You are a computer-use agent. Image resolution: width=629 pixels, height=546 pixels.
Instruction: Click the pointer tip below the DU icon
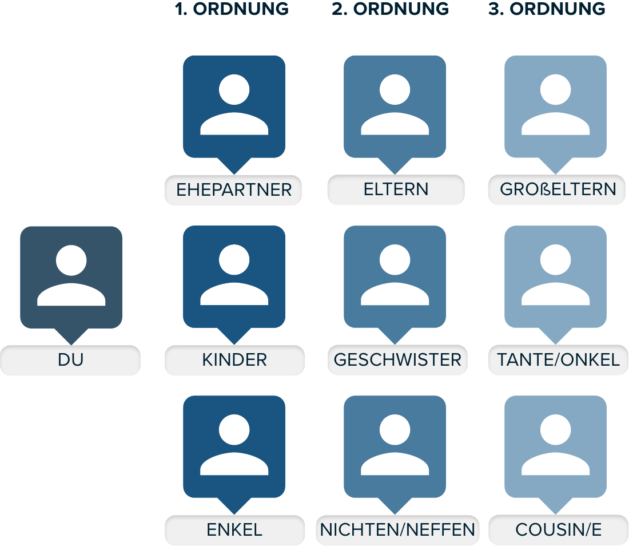point(71,345)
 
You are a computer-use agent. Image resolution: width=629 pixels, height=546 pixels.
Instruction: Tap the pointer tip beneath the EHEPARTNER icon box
point(234,174)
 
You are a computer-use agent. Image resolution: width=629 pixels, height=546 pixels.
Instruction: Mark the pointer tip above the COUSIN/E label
point(556,515)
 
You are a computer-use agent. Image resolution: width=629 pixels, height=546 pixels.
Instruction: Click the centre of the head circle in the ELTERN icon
point(395,89)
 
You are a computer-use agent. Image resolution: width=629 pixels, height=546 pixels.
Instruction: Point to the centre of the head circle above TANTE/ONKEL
point(556,259)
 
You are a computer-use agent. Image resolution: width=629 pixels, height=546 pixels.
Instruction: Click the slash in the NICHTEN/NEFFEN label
point(397,530)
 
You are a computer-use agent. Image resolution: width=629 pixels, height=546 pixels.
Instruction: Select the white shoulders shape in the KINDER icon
point(234,294)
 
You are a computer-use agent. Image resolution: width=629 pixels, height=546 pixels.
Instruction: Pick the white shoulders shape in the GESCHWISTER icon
point(395,294)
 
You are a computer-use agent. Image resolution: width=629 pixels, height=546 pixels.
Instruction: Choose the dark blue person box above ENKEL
point(234,446)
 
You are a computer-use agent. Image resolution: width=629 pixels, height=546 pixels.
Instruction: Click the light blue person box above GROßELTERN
point(556,106)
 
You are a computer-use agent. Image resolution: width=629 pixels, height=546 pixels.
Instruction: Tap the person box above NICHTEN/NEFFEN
point(395,446)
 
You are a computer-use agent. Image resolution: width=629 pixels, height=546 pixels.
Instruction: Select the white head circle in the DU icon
point(71,260)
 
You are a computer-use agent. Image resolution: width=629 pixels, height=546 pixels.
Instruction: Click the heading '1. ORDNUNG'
point(232,9)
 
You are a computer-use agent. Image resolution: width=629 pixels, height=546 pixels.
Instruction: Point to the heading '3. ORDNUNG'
point(547,9)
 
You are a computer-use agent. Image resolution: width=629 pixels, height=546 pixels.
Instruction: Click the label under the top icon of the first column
point(233,190)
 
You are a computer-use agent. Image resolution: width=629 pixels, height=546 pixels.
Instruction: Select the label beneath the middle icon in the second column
point(397,360)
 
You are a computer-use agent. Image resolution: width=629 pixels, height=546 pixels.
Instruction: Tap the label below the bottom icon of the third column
point(559,530)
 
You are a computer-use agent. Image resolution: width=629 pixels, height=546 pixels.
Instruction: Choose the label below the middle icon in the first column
point(234,360)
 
